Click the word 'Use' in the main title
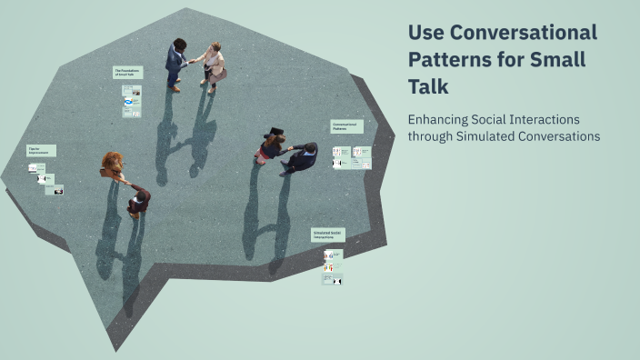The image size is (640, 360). coord(425,33)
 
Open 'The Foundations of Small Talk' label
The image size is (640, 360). coord(127,72)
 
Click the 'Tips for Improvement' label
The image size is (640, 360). coord(41,150)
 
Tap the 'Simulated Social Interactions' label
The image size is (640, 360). coord(327,235)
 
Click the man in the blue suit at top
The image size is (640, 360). coord(175,63)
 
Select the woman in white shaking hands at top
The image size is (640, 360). coord(214,65)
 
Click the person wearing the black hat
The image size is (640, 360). coord(272,144)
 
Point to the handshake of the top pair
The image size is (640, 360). coord(194,61)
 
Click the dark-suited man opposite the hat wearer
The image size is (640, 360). coord(302,157)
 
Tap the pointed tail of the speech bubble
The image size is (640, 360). coord(114,341)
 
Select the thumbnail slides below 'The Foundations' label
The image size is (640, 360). coord(132,100)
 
